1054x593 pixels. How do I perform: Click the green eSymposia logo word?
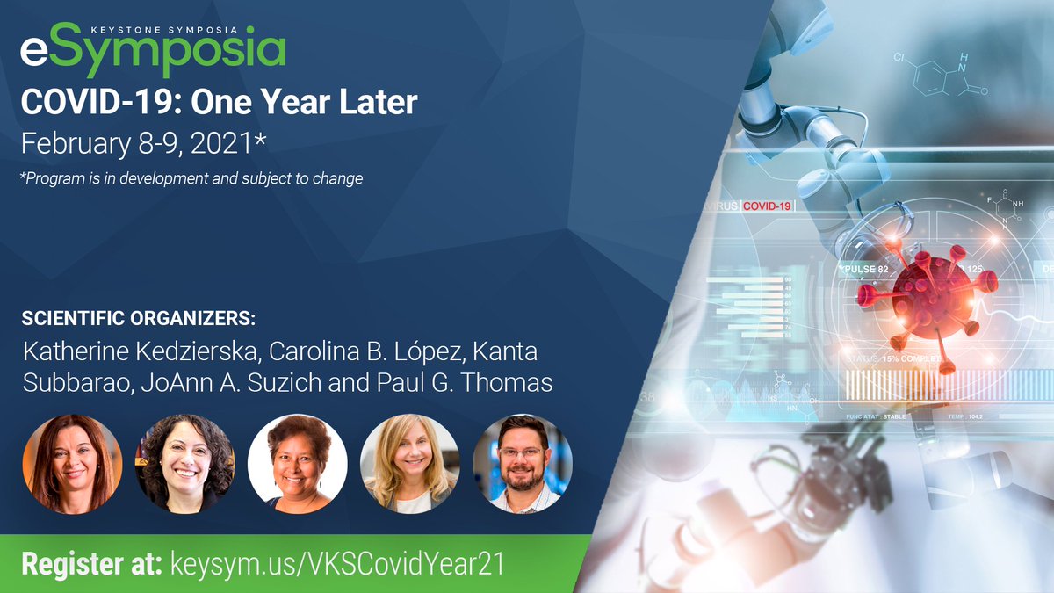pyautogui.click(x=153, y=54)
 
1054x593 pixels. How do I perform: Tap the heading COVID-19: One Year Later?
pyautogui.click(x=219, y=103)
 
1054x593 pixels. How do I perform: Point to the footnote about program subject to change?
pyautogui.click(x=192, y=178)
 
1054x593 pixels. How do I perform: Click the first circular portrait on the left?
pyautogui.click(x=72, y=463)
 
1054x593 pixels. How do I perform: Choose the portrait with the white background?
pyautogui.click(x=297, y=463)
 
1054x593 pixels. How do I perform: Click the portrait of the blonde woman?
pyautogui.click(x=409, y=463)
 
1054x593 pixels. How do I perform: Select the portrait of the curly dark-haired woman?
pyautogui.click(x=184, y=463)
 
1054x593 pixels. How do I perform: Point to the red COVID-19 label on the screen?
pyautogui.click(x=768, y=206)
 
